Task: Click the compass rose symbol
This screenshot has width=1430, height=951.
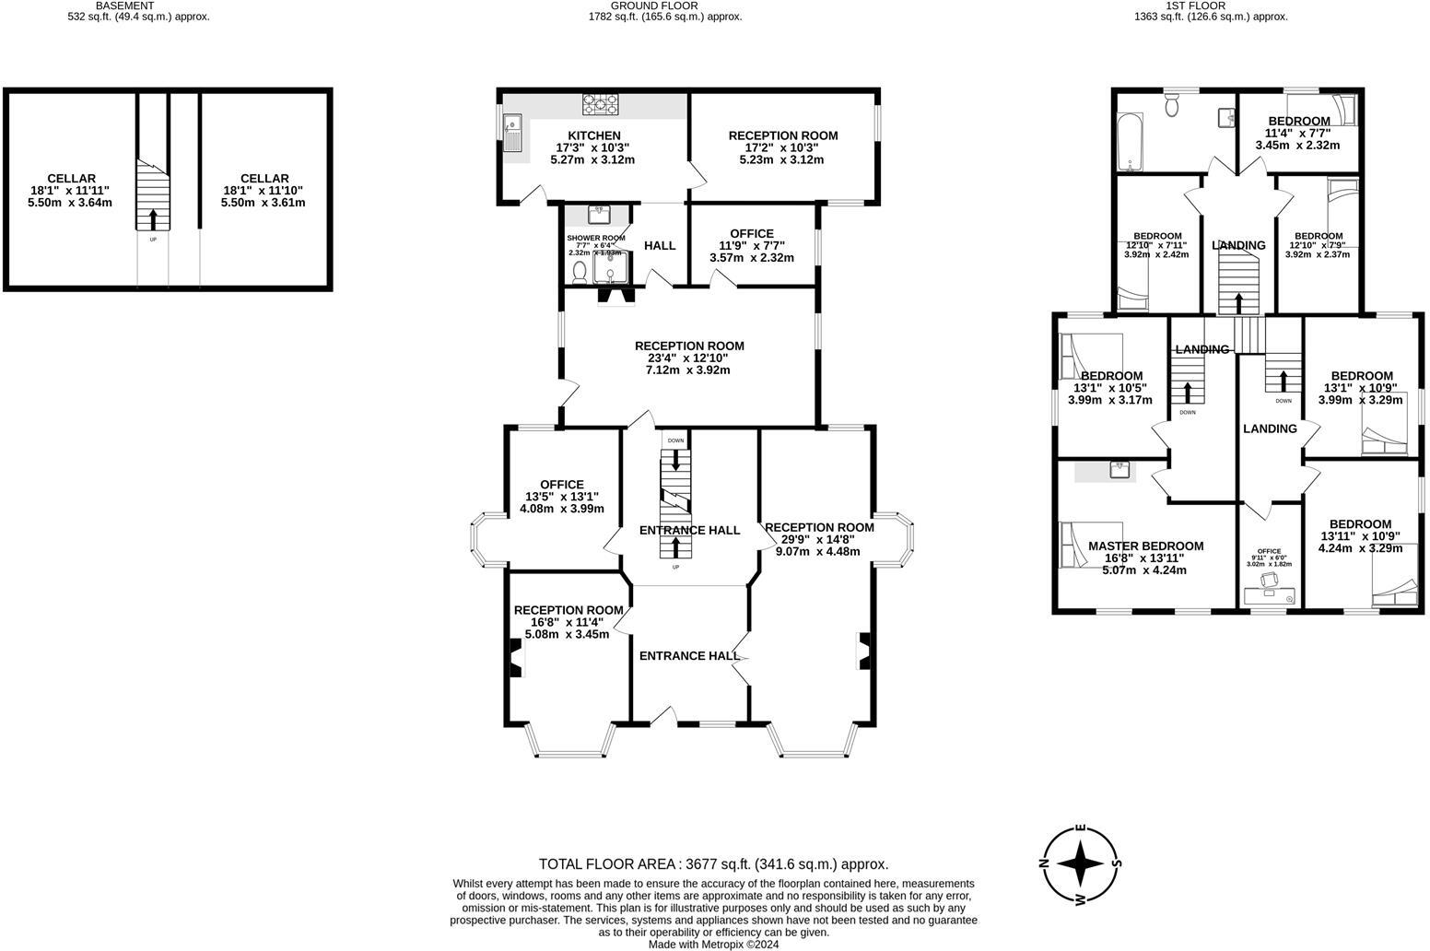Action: (1079, 863)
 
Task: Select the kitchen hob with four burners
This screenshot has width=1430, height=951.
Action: (600, 103)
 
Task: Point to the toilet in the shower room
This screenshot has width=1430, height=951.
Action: (580, 271)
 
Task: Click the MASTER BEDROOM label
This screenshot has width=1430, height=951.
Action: (1145, 546)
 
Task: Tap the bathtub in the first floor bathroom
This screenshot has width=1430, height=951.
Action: (1129, 142)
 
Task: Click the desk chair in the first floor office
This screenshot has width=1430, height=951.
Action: (1268, 580)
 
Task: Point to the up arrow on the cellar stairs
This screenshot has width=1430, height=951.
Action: (153, 219)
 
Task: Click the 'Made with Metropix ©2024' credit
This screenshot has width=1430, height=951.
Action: (713, 944)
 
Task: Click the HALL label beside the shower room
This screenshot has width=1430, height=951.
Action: (660, 245)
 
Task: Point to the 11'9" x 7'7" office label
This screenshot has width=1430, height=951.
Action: (752, 246)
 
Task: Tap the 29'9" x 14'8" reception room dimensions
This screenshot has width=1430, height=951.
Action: (818, 539)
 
